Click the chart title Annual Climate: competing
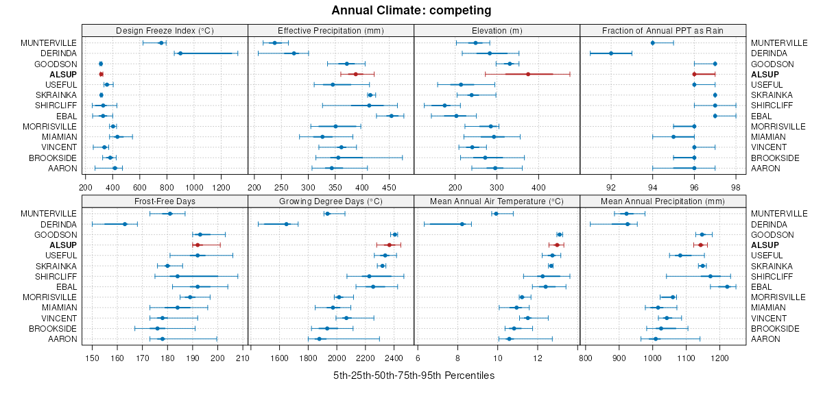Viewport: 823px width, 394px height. [x=411, y=10]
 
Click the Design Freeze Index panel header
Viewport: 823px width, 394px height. [x=165, y=30]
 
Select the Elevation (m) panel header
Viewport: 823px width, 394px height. [x=497, y=30]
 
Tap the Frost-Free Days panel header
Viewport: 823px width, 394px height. [x=165, y=201]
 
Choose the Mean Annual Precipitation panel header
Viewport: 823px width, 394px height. [x=663, y=201]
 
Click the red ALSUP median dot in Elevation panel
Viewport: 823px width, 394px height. [x=528, y=74]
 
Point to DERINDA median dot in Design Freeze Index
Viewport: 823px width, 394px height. [x=180, y=53]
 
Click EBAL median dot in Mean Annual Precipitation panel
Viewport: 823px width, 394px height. [x=727, y=286]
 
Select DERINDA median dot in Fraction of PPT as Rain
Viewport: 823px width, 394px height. [x=611, y=53]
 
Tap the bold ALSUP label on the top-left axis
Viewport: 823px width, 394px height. [x=63, y=74]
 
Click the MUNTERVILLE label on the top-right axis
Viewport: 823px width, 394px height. [x=779, y=42]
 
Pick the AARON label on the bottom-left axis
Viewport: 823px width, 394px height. [x=64, y=338]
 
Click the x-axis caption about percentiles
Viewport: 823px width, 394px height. [x=414, y=376]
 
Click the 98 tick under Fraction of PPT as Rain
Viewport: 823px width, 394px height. [x=736, y=186]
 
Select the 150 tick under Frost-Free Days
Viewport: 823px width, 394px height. [x=91, y=357]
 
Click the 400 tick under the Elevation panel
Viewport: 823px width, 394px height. [x=538, y=186]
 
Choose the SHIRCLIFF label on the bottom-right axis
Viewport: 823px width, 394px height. [x=772, y=276]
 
